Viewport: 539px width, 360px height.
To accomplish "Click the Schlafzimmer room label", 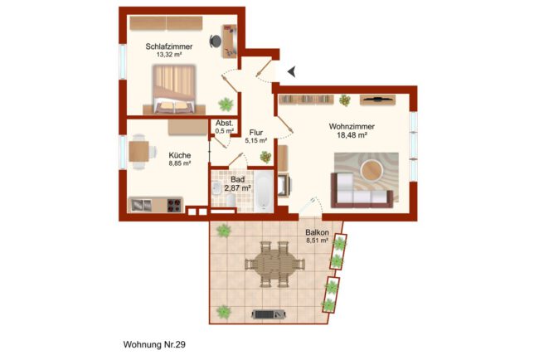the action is (169, 46).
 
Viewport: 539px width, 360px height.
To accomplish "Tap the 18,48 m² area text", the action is (352, 135).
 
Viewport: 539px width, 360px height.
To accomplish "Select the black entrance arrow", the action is (292, 72).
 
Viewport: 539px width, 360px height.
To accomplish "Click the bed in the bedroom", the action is (174, 89).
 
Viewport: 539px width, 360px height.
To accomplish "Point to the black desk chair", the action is (216, 41).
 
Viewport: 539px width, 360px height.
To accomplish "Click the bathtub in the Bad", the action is (264, 191).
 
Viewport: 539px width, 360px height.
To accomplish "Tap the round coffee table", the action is (371, 170).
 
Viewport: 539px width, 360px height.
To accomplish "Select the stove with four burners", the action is (174, 205).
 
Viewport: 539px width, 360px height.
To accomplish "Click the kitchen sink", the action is (141, 205).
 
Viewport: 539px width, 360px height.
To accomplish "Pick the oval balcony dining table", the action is (274, 265).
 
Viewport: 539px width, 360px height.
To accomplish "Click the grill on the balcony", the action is (269, 314).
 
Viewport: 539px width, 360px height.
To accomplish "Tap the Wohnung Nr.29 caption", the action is (154, 344).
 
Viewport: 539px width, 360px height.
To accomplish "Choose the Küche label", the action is (180, 155).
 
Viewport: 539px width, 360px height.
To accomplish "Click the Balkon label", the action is (317, 232).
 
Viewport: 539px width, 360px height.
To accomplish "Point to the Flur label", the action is (256, 133).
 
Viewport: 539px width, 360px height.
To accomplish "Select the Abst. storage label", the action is (225, 123).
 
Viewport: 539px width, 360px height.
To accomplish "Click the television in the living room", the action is (378, 100).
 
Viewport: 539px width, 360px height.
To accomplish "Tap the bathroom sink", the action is (216, 188).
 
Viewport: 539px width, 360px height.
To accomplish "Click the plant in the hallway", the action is (265, 157).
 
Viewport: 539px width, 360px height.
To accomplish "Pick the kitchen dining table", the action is (139, 152).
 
